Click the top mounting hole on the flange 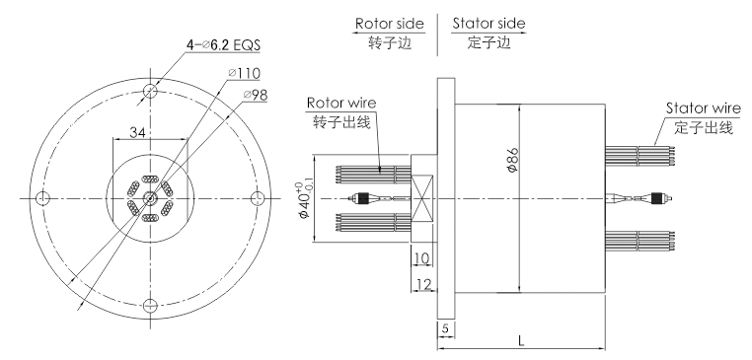(149, 92)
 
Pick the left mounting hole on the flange (42, 198)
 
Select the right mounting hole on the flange (257, 198)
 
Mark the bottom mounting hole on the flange (149, 305)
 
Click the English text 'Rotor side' (393, 23)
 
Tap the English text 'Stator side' (489, 23)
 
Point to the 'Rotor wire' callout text (340, 102)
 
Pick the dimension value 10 (420, 258)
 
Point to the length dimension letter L (521, 339)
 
